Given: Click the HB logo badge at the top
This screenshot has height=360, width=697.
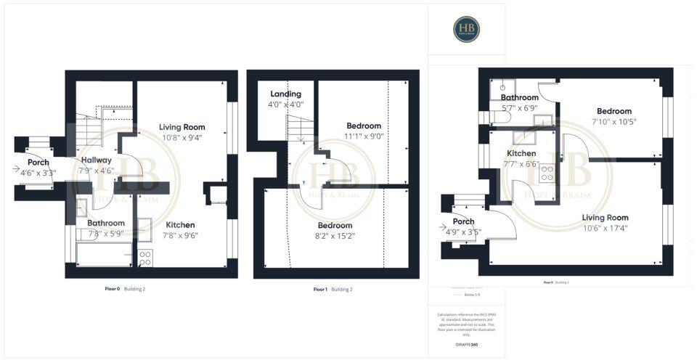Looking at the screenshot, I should click(466, 29).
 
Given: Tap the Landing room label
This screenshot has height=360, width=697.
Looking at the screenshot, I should click(285, 94).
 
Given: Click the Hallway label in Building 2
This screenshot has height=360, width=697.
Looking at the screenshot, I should click(96, 160).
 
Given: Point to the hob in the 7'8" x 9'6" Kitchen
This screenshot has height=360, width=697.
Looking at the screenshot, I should click(145, 257).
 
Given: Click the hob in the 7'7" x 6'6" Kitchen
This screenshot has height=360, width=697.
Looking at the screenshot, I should click(546, 173).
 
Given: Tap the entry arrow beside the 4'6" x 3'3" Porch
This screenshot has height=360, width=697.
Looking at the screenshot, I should click(16, 168).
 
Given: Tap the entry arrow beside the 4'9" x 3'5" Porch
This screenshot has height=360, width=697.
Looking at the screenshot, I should click(443, 227).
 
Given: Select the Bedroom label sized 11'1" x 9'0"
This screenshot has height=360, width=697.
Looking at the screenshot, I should click(364, 126).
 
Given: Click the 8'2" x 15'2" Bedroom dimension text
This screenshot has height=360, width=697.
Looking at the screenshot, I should click(335, 236).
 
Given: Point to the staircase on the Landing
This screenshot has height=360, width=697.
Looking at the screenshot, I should click(296, 131).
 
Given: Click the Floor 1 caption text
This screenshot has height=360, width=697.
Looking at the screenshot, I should click(320, 289).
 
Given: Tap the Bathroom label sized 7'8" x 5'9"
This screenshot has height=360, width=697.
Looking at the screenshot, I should click(106, 224).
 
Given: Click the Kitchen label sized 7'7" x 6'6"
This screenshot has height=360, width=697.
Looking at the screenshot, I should click(521, 154).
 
